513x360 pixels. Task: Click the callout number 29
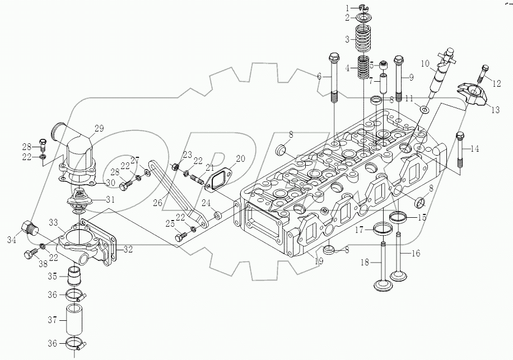(99, 129)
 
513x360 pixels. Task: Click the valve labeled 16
(399, 260)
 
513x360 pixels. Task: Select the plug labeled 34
(29, 229)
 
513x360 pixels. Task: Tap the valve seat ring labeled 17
(382, 228)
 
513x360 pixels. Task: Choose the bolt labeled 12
(484, 73)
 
